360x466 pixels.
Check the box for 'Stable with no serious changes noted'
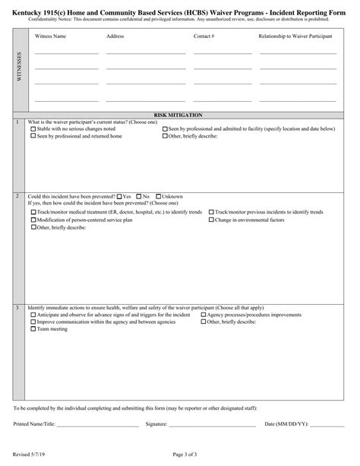32,129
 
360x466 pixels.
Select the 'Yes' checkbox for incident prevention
118,197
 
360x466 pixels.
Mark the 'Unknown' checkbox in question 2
158,197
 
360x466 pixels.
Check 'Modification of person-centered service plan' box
32,219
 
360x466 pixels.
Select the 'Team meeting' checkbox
32,329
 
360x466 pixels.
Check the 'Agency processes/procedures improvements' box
203,314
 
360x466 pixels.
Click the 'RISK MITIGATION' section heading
178,115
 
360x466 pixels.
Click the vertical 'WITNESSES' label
19,67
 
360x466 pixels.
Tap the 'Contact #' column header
204,36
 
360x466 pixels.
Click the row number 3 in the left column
17,308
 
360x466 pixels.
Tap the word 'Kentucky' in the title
29,7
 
